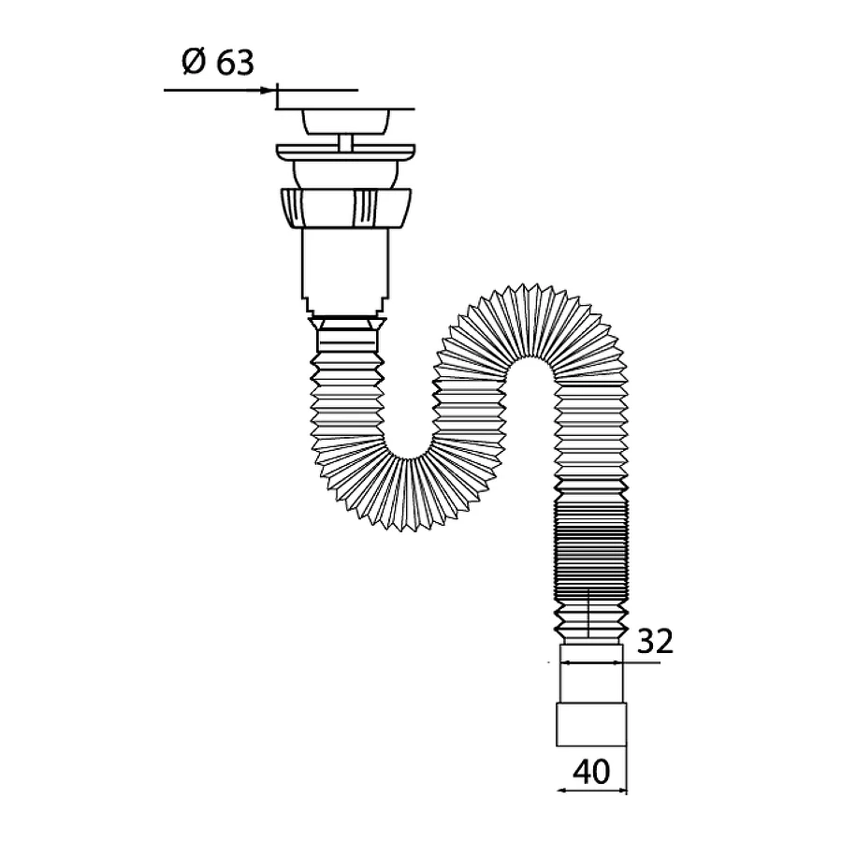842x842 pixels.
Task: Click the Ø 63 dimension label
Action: pos(217,63)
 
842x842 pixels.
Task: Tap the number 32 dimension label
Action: pos(655,641)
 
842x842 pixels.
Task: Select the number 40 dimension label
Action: pos(592,772)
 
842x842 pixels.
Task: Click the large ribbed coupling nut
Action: pos(346,209)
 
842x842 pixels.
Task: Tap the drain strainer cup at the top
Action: pos(346,122)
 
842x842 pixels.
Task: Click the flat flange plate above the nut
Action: pos(346,152)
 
